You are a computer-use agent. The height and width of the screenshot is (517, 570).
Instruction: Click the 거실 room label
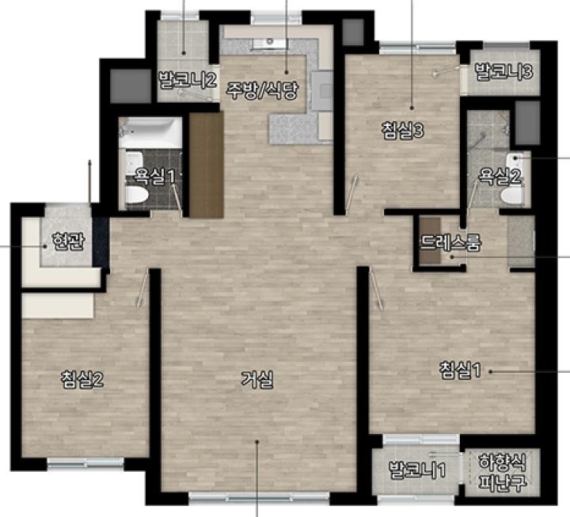pyautogui.click(x=257, y=380)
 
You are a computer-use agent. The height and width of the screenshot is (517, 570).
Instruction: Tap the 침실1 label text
pyautogui.click(x=460, y=370)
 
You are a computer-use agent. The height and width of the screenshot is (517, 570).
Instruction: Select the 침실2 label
pyautogui.click(x=82, y=379)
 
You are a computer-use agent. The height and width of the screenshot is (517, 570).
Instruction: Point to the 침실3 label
pyautogui.click(x=403, y=131)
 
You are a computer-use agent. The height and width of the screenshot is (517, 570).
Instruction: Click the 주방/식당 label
pyautogui.click(x=263, y=90)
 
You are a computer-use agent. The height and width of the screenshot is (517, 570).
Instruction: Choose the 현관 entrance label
pyautogui.click(x=68, y=241)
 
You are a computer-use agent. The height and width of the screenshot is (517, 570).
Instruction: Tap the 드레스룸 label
pyautogui.click(x=450, y=242)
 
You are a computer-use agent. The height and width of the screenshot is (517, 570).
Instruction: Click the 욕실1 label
pyautogui.click(x=155, y=176)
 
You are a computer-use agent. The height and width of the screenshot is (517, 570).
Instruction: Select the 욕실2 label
pyautogui.click(x=500, y=176)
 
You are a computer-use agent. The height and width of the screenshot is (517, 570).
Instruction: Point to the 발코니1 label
pyautogui.click(x=417, y=470)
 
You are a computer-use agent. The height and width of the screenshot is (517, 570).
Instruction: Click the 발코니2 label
pyautogui.click(x=188, y=80)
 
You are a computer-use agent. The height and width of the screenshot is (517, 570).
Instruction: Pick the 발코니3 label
pyautogui.click(x=504, y=71)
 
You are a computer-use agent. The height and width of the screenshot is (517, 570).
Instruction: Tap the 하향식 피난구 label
pyautogui.click(x=503, y=473)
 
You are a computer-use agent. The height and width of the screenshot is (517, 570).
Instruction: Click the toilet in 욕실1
pyautogui.click(x=136, y=194)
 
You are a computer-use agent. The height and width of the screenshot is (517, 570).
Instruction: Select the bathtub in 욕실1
pyautogui.click(x=150, y=132)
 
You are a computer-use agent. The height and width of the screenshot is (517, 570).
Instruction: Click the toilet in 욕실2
pyautogui.click(x=512, y=196)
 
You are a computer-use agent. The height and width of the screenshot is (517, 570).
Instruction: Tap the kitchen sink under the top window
pyautogui.click(x=271, y=43)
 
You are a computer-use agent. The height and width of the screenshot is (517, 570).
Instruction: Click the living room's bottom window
pyautogui.click(x=259, y=497)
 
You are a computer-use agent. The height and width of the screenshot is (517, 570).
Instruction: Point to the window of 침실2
pyautogui.click(x=85, y=463)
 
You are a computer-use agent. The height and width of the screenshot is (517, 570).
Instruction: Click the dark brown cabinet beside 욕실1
pyautogui.click(x=206, y=165)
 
